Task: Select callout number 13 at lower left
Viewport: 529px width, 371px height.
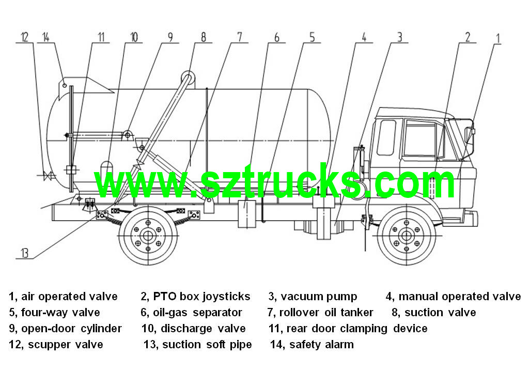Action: click(25, 253)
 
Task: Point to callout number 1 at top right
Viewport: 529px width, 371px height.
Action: click(497, 38)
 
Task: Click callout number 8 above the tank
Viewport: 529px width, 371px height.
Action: click(204, 37)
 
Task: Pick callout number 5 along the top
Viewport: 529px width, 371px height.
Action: click(312, 37)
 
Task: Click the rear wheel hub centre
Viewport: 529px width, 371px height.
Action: click(148, 236)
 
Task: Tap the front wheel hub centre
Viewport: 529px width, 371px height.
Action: click(406, 236)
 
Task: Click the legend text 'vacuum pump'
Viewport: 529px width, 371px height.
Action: click(319, 297)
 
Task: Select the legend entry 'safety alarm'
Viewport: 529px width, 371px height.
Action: click(321, 345)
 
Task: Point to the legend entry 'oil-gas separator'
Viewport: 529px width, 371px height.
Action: click(197, 313)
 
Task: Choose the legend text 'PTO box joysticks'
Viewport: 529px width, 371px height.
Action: click(202, 297)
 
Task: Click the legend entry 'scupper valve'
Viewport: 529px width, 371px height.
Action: click(66, 345)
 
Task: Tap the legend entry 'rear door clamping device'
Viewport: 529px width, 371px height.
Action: click(357, 329)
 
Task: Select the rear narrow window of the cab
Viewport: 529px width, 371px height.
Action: click(386, 137)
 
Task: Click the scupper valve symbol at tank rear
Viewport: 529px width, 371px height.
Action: click(48, 176)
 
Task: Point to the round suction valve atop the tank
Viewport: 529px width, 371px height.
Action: click(188, 76)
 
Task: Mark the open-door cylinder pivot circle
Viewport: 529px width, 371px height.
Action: click(128, 135)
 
